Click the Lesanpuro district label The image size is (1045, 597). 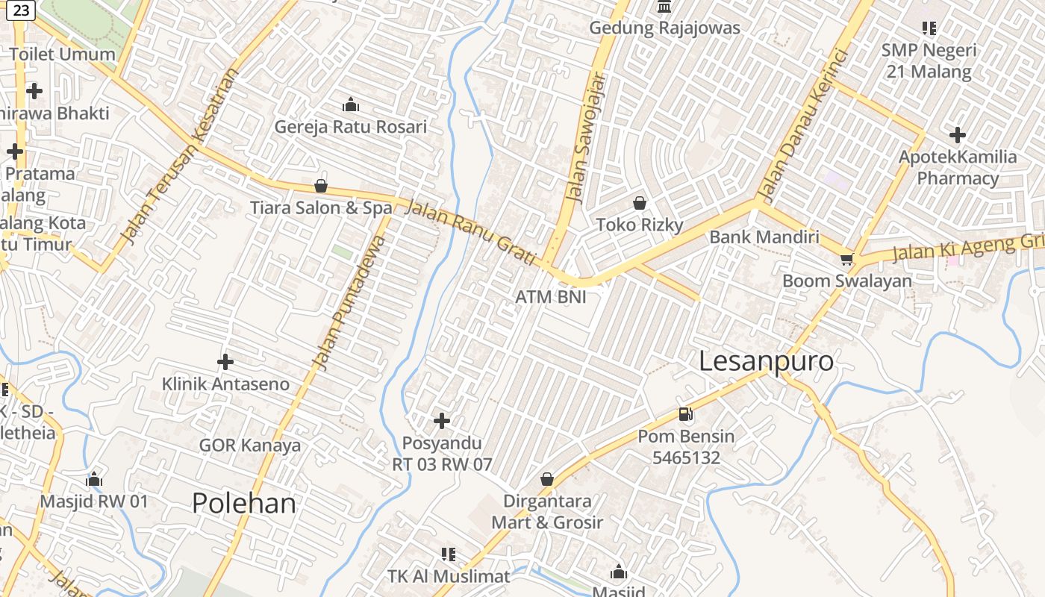point(766,361)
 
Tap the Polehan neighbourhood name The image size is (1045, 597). point(244,504)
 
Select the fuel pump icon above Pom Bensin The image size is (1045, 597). point(686,414)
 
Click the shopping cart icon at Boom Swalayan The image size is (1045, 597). point(846,259)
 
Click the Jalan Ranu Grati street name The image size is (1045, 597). point(470,231)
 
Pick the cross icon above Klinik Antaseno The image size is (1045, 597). point(225,363)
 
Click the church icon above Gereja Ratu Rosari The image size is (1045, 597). point(350,104)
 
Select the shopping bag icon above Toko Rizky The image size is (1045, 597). point(640,203)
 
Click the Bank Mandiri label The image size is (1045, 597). point(764,237)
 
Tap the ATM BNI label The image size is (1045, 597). point(551,297)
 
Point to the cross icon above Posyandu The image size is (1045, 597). point(442,421)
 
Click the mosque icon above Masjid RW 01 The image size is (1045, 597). point(94,478)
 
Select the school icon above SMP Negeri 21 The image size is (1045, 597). point(929,28)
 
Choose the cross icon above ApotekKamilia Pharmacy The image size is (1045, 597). point(958,135)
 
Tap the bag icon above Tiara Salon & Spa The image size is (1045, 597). point(321,186)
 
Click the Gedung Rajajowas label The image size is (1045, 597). point(664,28)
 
